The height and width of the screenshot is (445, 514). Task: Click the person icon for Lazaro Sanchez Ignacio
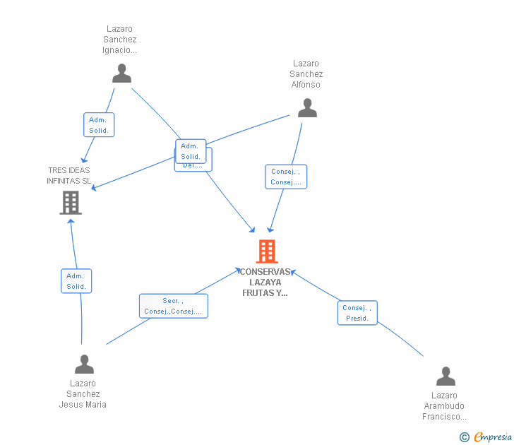click(x=121, y=73)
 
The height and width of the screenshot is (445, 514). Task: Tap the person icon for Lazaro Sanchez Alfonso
click(x=307, y=108)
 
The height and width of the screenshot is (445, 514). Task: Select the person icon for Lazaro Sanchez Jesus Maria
click(x=84, y=364)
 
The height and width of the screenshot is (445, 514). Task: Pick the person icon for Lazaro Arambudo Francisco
click(x=446, y=376)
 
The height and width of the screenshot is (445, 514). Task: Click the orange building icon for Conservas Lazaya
click(x=266, y=251)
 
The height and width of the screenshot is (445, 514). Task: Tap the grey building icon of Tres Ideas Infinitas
click(x=70, y=203)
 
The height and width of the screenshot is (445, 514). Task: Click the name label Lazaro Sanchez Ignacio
click(x=120, y=40)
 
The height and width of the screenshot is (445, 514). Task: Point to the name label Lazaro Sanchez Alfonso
click(x=306, y=74)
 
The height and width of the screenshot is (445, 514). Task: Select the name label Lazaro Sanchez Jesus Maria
click(x=83, y=394)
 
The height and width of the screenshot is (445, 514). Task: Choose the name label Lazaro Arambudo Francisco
click(x=444, y=406)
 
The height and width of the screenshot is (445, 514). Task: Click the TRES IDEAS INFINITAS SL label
click(x=69, y=175)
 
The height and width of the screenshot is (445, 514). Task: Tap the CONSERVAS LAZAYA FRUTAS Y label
click(x=265, y=283)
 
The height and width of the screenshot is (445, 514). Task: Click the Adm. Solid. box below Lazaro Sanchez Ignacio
click(x=98, y=125)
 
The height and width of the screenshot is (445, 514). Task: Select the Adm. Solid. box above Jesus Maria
click(x=76, y=281)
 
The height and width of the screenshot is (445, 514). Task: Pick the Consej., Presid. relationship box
click(x=357, y=313)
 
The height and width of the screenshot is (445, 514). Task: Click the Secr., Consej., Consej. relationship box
click(x=173, y=306)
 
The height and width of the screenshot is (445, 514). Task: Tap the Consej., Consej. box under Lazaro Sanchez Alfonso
click(x=286, y=177)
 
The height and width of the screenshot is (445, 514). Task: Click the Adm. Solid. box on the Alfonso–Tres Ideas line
click(x=190, y=150)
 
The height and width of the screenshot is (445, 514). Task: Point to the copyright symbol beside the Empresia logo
click(x=464, y=437)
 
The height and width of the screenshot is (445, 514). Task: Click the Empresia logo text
click(x=493, y=437)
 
